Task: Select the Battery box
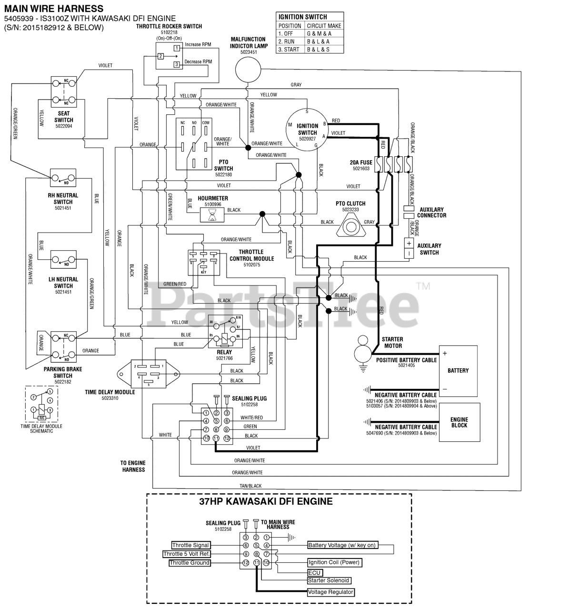pyautogui.click(x=458, y=371)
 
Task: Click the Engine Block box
pyautogui.click(x=459, y=422)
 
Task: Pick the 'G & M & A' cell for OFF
pyautogui.click(x=319, y=34)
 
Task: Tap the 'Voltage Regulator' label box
pyautogui.click(x=331, y=592)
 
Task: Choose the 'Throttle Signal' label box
pyautogui.click(x=190, y=545)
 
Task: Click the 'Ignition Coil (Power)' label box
pyautogui.click(x=334, y=562)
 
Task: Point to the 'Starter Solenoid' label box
pyautogui.click(x=329, y=580)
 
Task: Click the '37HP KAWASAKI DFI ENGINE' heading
pyautogui.click(x=266, y=501)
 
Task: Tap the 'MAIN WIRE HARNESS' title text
pyautogui.click(x=54, y=8)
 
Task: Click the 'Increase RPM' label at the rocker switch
pyautogui.click(x=198, y=45)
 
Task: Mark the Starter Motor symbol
pyautogui.click(x=363, y=351)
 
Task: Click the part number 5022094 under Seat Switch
pyautogui.click(x=63, y=127)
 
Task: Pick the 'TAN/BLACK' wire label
pyautogui.click(x=250, y=486)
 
